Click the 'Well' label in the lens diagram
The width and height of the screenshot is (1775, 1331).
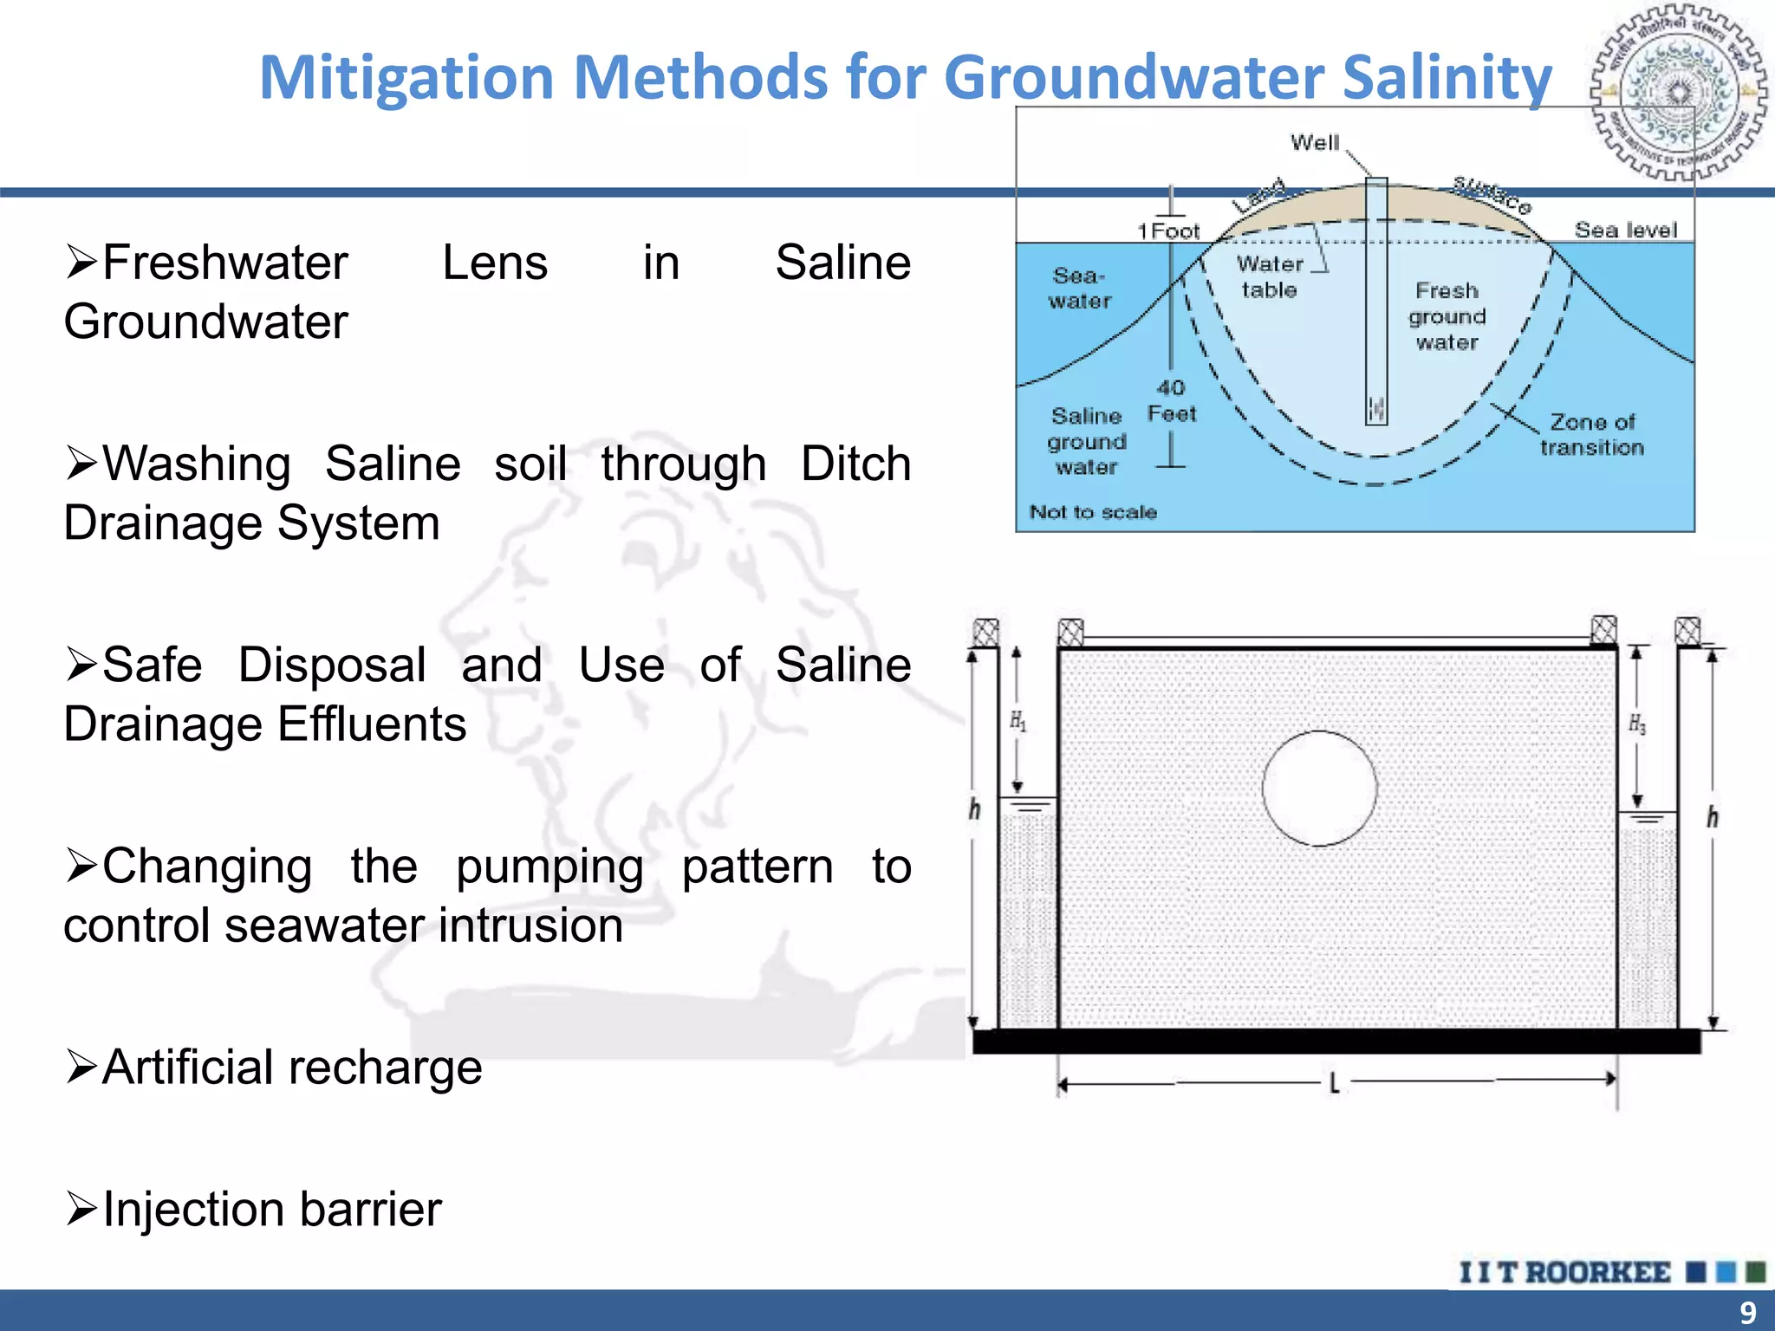tap(1314, 142)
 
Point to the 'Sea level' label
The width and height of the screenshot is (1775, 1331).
tap(1625, 230)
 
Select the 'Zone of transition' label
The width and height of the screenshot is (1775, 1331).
tap(1591, 434)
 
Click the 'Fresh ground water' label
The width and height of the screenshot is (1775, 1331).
tap(1447, 316)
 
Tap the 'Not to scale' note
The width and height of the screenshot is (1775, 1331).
tap(1092, 512)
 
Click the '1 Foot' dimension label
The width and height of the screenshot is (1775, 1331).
tap(1168, 230)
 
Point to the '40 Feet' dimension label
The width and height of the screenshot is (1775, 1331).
tap(1171, 400)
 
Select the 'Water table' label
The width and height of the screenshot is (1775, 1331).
tap(1269, 276)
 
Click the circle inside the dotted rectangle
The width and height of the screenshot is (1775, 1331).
tap(1319, 788)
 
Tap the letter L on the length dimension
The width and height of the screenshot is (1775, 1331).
tap(1334, 1082)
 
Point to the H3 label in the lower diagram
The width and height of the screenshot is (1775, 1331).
tap(1636, 724)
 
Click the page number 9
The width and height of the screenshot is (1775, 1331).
tap(1747, 1312)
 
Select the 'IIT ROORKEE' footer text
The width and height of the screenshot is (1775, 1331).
tap(1564, 1272)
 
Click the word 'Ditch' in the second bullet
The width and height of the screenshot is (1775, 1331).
tap(855, 464)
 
